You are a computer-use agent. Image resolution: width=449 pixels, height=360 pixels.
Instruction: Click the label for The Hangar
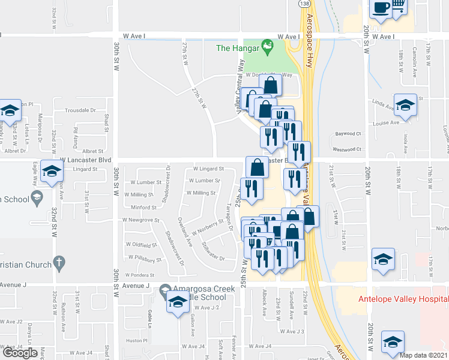point(237,47)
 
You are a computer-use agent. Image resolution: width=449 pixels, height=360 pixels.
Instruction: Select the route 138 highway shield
point(303,4)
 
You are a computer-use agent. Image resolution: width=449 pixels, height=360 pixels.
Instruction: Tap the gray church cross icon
point(58,262)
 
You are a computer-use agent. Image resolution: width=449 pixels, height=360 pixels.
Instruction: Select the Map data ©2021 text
point(423,355)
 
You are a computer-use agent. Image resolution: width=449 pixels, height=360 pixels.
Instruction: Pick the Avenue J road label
point(134,286)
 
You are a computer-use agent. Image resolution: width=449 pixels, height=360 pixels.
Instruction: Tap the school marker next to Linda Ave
point(405,104)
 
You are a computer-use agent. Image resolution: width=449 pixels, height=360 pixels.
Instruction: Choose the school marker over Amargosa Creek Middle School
point(178,302)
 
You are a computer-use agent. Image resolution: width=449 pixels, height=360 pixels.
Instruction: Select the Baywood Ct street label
point(348,134)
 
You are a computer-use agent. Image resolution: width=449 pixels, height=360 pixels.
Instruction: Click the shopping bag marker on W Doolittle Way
point(271,85)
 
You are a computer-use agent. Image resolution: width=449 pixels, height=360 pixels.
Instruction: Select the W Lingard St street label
point(208,169)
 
